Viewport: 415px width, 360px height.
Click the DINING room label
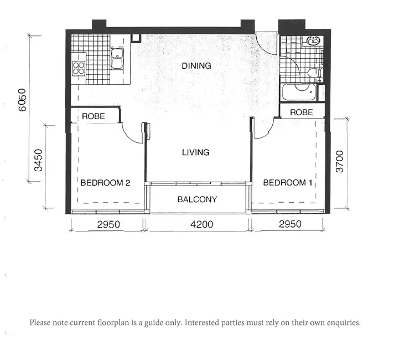tap(196, 65)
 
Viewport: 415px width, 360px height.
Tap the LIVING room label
tap(196, 152)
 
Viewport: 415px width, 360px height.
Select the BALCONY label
tap(197, 199)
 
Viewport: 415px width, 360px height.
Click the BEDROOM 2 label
tap(105, 183)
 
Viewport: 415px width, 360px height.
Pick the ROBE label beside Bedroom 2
tap(94, 116)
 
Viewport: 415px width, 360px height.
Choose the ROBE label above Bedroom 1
tap(301, 112)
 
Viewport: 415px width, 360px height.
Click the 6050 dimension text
tap(22, 100)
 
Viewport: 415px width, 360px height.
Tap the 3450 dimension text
tap(38, 160)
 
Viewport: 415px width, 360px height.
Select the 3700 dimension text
tap(340, 161)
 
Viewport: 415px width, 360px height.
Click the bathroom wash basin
tap(313, 42)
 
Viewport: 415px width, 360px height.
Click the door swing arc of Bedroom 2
tap(132, 136)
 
